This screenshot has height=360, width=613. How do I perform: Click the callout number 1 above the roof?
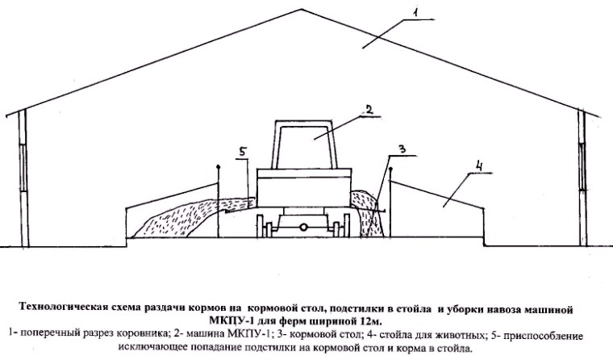(415, 13)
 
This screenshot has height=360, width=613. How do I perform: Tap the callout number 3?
(402, 149)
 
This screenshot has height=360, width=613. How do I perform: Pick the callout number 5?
(243, 153)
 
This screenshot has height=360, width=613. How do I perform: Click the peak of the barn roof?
(301, 9)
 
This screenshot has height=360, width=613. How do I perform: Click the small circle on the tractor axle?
(303, 227)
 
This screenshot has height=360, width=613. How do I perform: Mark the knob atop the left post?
(218, 167)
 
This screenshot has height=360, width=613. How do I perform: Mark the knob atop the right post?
(390, 169)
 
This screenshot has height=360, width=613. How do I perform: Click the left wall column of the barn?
(25, 178)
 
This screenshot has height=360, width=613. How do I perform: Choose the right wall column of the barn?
(583, 178)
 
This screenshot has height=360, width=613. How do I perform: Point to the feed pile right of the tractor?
(368, 213)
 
